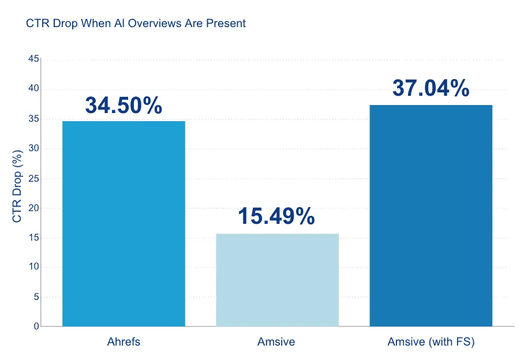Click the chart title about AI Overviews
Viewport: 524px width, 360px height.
[x=136, y=24]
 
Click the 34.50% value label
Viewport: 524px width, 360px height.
[x=123, y=105]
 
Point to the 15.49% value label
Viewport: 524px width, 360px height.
[x=276, y=216]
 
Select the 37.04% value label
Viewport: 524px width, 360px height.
[x=431, y=88]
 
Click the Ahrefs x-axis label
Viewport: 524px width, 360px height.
[x=123, y=342]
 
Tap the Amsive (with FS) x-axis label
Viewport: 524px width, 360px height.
[x=431, y=342]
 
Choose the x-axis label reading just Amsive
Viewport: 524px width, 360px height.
[x=276, y=342]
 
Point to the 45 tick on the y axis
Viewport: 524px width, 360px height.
[x=33, y=59]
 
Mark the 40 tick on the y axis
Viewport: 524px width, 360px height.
[x=33, y=89]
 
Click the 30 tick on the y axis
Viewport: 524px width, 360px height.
[x=33, y=148]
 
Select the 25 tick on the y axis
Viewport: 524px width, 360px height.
[x=33, y=178]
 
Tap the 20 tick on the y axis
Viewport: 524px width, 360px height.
[x=33, y=208]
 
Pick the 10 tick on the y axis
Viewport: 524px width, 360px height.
[x=33, y=267]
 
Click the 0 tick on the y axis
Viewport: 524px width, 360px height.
[x=36, y=327]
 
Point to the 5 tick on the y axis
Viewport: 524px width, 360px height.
[x=36, y=297]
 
